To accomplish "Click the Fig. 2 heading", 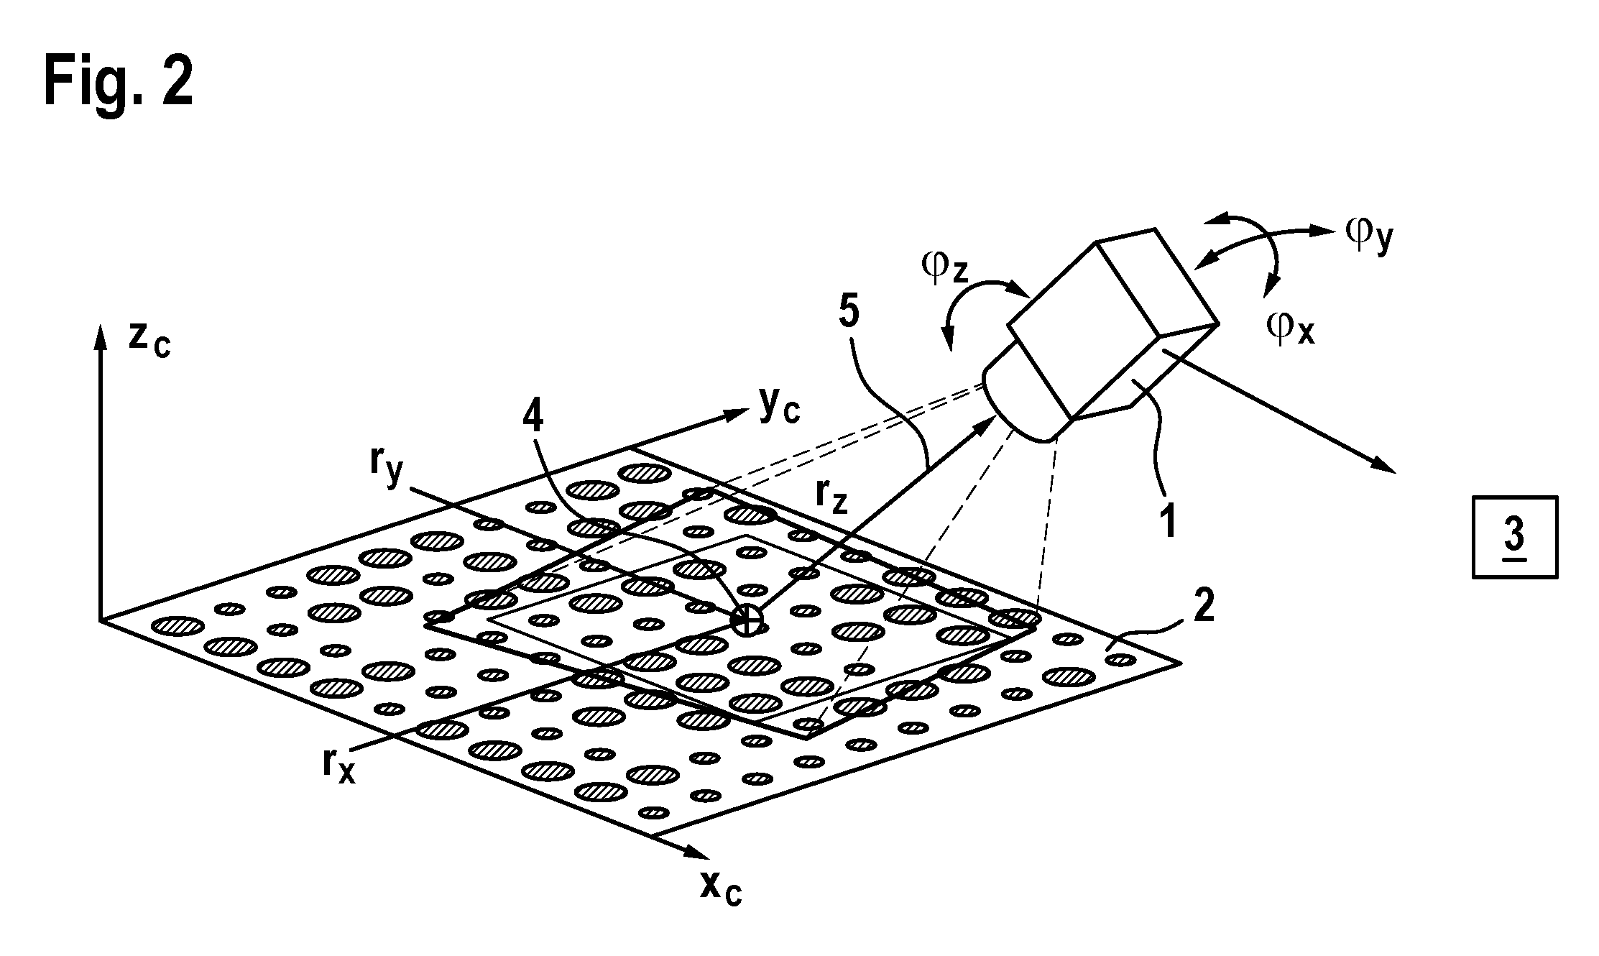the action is pyautogui.click(x=119, y=83).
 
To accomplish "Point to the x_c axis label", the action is pyautogui.click(x=721, y=888).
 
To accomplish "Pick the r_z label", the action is pyautogui.click(x=831, y=497).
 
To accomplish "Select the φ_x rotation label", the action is pyautogui.click(x=1291, y=329).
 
